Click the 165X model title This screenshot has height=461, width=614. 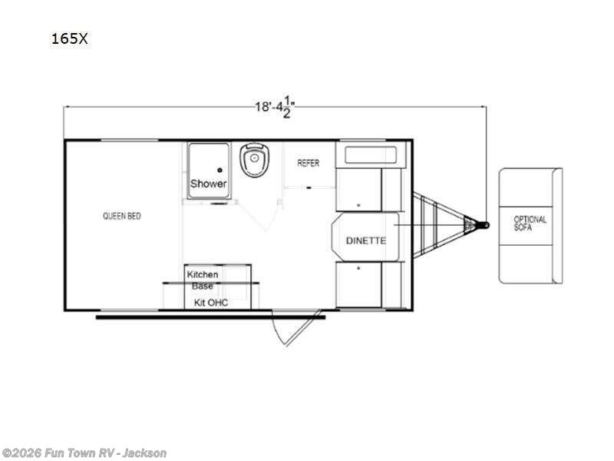(69, 38)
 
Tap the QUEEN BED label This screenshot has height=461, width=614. (122, 216)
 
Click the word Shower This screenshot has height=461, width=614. (208, 184)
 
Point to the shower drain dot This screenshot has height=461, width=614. (220, 170)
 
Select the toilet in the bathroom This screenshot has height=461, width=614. (255, 160)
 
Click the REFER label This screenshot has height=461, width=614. (309, 163)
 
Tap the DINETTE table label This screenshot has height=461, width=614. (366, 240)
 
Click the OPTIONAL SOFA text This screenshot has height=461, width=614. (530, 223)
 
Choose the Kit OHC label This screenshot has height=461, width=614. (211, 302)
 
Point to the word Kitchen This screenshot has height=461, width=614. (203, 274)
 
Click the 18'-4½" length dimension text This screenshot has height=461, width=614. (276, 106)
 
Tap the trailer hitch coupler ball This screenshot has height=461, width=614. (486, 225)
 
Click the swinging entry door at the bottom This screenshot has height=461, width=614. (297, 327)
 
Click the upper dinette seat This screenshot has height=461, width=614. (368, 177)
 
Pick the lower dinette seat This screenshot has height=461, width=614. (368, 284)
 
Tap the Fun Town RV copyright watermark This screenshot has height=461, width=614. (84, 453)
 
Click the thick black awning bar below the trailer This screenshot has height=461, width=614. (210, 317)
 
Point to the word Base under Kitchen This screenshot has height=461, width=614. (203, 286)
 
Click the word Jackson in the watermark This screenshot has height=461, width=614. (144, 453)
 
